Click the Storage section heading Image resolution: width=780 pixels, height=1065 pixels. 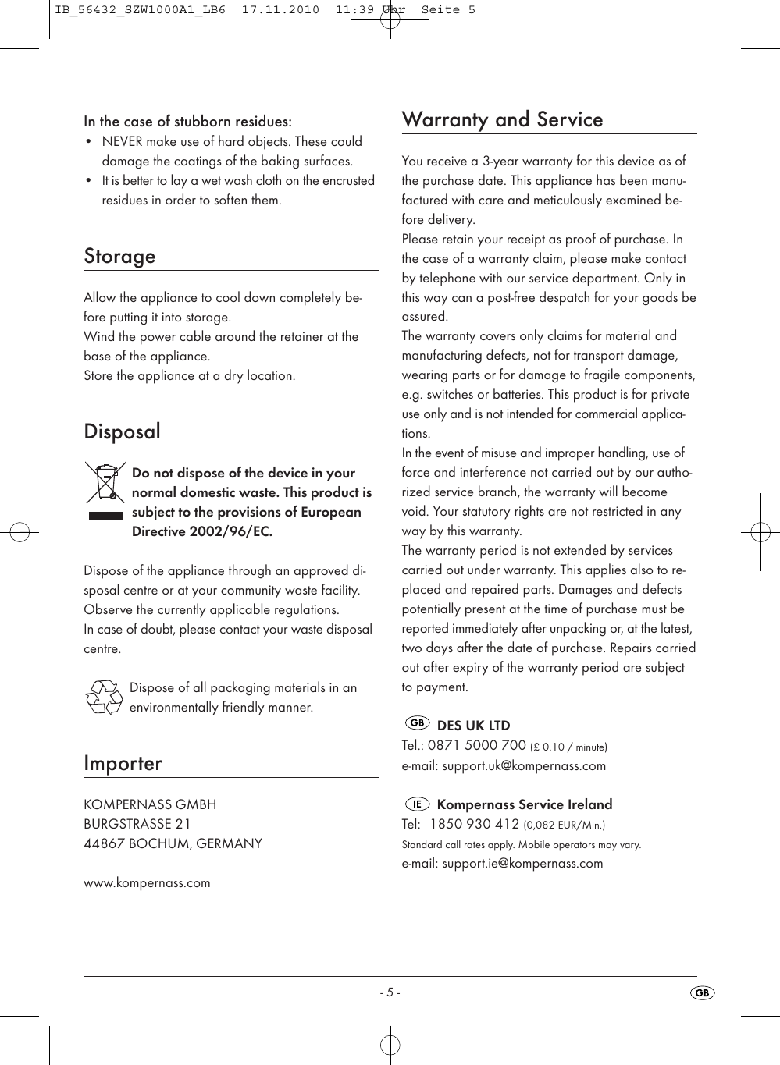point(119,257)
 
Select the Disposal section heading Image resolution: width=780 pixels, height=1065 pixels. point(122,431)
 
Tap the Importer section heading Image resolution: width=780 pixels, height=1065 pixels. point(123,763)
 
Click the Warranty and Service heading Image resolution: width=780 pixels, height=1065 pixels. point(502,119)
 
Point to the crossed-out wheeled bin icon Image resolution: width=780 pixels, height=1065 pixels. point(105,485)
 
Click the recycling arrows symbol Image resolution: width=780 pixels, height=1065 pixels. point(103,697)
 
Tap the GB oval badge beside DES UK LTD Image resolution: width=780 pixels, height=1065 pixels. point(418,723)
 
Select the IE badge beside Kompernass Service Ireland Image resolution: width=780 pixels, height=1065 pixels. point(418,803)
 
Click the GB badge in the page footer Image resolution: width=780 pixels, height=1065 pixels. point(703,992)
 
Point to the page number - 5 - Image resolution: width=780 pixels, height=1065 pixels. point(390,992)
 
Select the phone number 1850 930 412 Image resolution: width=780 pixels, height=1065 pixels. point(475,824)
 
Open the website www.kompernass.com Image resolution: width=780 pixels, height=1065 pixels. point(147,882)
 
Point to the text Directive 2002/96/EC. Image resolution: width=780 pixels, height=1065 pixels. point(201,531)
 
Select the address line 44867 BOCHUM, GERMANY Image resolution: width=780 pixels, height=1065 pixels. point(173,843)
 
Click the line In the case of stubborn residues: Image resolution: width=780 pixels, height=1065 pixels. point(187,122)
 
